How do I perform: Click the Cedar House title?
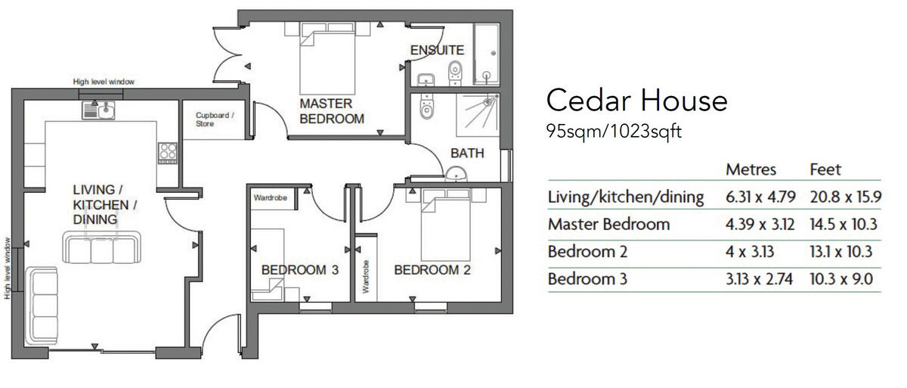coord(636,101)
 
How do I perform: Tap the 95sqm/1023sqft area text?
coord(614,132)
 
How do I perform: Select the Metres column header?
coord(751,169)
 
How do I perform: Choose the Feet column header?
coord(825,169)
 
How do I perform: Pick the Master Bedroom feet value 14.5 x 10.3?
coord(841,225)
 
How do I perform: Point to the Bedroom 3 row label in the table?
coord(587,279)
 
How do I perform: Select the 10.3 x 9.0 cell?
coord(840,279)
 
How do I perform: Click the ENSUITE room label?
coord(436,51)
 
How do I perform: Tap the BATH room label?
coord(466,153)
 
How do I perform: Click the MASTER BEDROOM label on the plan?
coord(331,110)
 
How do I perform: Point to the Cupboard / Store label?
coord(215,119)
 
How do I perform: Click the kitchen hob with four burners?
coord(167,152)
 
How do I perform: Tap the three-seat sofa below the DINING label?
coord(101,247)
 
